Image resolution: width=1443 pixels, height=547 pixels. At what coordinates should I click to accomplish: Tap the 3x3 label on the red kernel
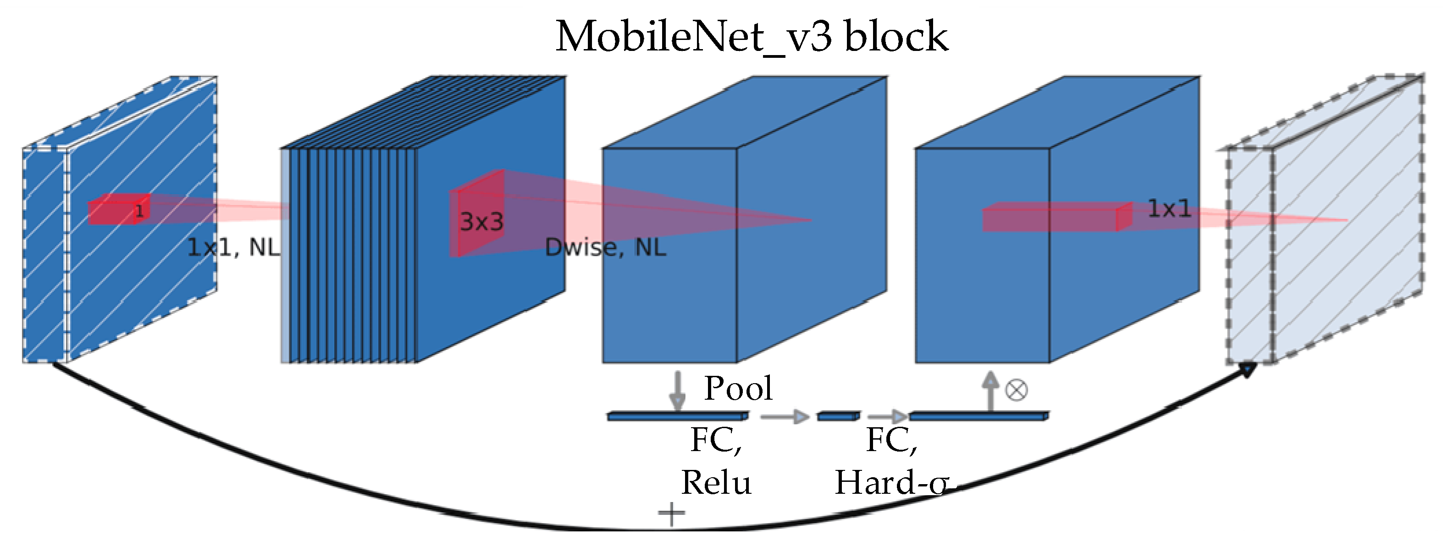coord(482,222)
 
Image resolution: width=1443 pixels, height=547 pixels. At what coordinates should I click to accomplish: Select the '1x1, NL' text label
coord(233,247)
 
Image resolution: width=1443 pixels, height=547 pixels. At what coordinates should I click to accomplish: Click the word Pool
coord(738,388)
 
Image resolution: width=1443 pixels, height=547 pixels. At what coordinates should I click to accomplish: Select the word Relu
coord(716,483)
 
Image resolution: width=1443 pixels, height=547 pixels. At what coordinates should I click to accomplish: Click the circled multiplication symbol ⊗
coord(1016,390)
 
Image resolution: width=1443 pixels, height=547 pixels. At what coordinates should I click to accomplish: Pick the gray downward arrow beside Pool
coord(678,391)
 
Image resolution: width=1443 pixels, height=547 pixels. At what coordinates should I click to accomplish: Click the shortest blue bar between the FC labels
coord(838,416)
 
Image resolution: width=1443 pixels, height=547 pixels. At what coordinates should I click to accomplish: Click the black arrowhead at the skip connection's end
coord(1248,370)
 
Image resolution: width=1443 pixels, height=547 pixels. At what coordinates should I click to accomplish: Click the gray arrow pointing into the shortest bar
coord(784,416)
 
